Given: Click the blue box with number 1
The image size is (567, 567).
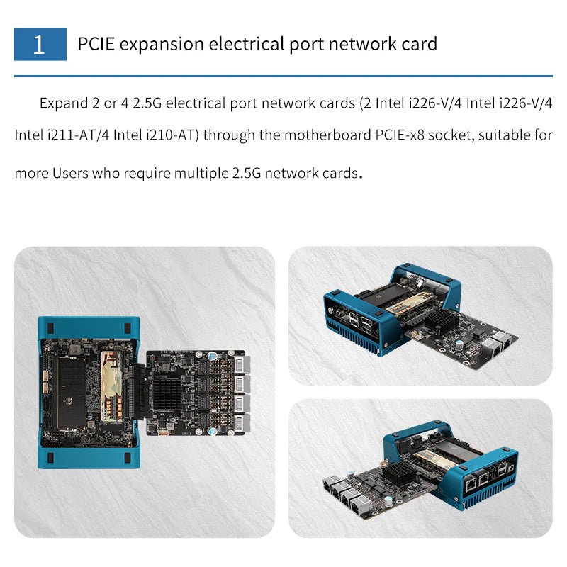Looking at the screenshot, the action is tap(40, 44).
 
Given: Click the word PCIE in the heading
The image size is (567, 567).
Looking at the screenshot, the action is tap(96, 44).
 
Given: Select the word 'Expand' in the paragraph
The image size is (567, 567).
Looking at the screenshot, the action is tap(64, 103).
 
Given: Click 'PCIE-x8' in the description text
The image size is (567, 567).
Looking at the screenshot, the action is tap(400, 135).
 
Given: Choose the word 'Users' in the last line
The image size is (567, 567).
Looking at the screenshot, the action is tap(70, 173).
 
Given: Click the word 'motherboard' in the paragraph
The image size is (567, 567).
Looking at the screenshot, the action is tap(327, 135).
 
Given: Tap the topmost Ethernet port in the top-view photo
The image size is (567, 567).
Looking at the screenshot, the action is tap(242, 364).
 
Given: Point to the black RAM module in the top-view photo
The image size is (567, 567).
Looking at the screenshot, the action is tap(71, 393).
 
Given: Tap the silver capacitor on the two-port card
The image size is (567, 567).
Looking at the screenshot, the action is tap(459, 344).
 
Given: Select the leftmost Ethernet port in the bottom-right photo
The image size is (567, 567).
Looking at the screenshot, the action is tap(330, 483).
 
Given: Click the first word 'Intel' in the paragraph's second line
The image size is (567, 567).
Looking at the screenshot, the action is tap(29, 135).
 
